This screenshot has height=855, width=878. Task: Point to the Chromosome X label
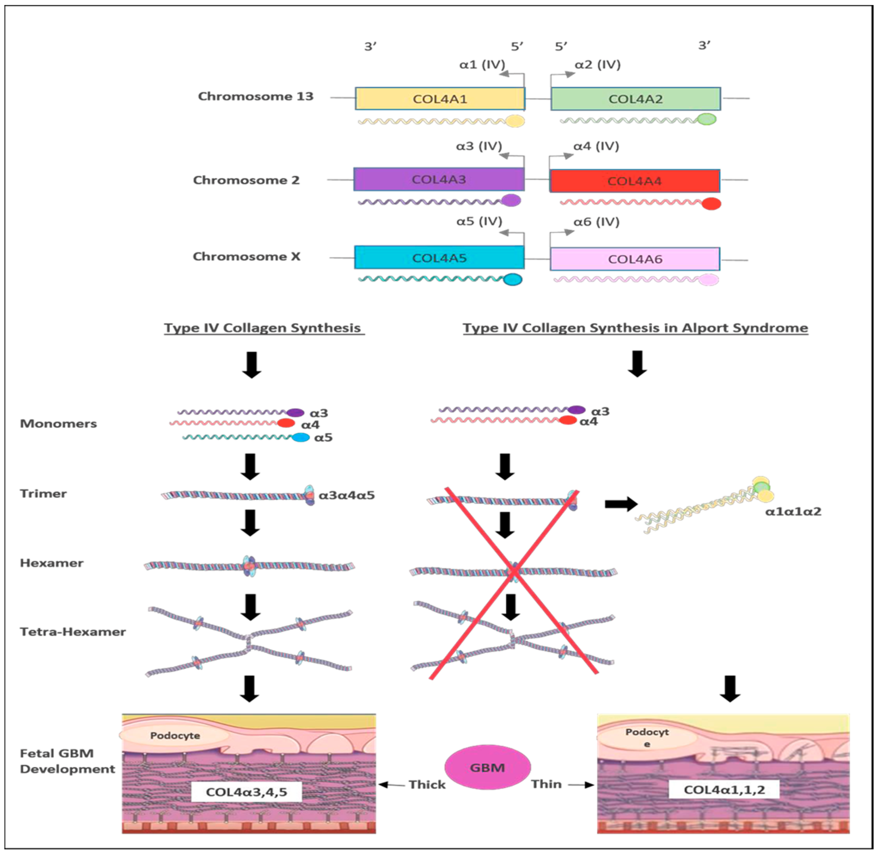coord(246,256)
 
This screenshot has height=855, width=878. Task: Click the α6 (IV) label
coord(596,222)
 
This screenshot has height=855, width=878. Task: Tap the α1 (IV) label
coord(482,65)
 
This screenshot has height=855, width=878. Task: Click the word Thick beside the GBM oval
coord(427,784)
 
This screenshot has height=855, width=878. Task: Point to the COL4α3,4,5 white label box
coord(246,792)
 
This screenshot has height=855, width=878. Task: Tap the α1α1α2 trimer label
coord(793,511)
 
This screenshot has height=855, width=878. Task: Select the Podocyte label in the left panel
coord(175,736)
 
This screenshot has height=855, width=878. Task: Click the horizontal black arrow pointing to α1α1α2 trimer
coord(621,504)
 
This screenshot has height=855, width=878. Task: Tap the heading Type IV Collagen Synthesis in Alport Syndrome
coord(635,328)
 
